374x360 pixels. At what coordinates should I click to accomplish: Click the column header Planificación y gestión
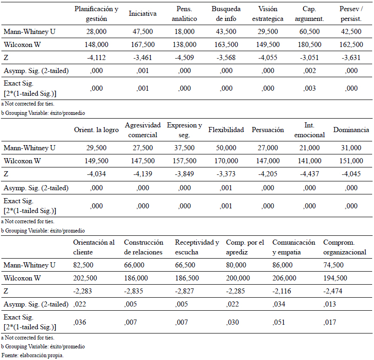(x=96, y=13)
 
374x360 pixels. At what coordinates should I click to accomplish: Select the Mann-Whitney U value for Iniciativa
(x=143, y=32)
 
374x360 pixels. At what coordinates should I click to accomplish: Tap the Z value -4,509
(x=184, y=58)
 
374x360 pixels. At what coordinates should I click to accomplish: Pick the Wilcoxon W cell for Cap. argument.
(x=309, y=45)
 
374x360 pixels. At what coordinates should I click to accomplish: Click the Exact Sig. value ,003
(x=309, y=88)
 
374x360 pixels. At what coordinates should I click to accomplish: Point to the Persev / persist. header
(x=351, y=13)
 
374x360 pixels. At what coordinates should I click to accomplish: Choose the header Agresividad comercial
(x=143, y=130)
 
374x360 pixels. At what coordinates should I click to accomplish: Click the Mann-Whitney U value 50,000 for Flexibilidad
(x=226, y=148)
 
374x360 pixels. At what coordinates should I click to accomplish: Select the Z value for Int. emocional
(x=309, y=174)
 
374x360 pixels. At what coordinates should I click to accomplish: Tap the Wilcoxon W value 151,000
(x=351, y=161)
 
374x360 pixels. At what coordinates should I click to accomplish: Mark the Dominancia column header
(x=351, y=130)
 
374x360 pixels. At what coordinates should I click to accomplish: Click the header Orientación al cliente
(x=94, y=247)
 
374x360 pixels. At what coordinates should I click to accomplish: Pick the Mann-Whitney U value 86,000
(x=282, y=265)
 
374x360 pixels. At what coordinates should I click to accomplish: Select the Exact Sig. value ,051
(x=279, y=322)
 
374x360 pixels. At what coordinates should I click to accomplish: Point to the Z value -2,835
(x=134, y=291)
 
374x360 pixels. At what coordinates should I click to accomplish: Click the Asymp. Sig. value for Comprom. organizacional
(x=329, y=304)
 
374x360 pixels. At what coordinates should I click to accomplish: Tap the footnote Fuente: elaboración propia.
(x=33, y=355)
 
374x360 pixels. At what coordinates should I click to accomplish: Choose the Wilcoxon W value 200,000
(x=238, y=278)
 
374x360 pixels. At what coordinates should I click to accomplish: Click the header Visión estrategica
(x=267, y=13)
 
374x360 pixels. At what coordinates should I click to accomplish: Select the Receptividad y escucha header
(x=197, y=247)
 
